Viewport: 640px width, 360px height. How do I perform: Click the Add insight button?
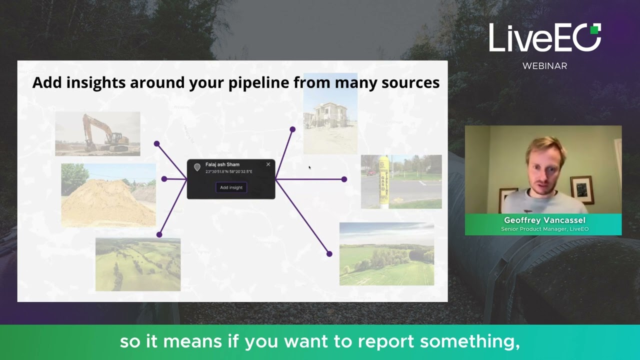tap(231, 187)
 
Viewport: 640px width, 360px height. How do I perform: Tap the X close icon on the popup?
tap(268, 164)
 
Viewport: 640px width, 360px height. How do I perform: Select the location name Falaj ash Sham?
tap(222, 164)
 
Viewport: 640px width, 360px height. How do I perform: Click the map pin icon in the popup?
tap(197, 167)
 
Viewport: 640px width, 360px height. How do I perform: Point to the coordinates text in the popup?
tap(228, 171)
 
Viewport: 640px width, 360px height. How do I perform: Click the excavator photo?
tap(97, 133)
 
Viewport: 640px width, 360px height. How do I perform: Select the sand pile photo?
tap(108, 195)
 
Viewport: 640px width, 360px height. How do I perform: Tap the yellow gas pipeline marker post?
tap(383, 181)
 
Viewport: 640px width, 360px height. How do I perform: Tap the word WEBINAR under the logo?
tap(544, 66)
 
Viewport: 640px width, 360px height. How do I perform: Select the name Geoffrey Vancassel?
tap(544, 220)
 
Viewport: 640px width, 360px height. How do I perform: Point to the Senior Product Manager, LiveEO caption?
tap(544, 229)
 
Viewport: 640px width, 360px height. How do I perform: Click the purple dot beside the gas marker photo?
tap(344, 179)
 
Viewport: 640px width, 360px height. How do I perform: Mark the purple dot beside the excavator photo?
tap(157, 144)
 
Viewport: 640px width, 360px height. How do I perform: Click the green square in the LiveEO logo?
tap(595, 29)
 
